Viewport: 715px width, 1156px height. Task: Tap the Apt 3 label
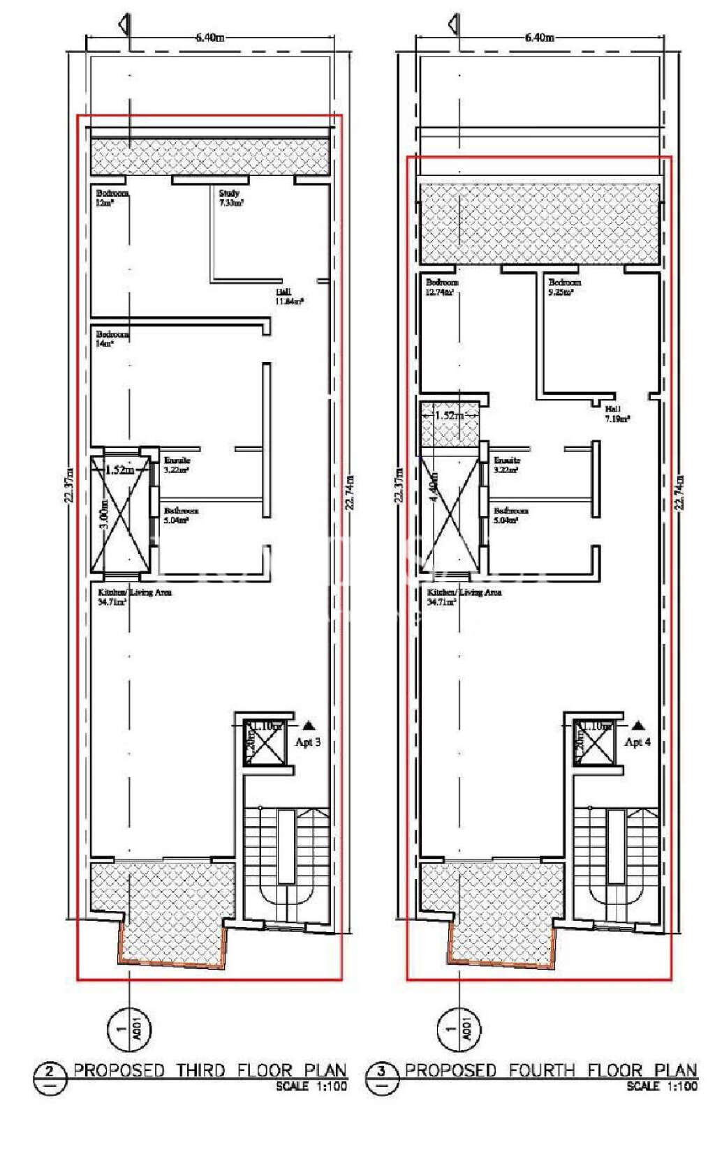point(308,742)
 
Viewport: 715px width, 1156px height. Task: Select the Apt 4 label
point(637,742)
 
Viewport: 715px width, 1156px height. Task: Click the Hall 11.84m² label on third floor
point(289,297)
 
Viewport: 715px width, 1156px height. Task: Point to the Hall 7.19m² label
point(617,414)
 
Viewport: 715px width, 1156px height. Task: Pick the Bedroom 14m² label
point(112,338)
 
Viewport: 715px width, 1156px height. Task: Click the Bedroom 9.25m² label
point(564,287)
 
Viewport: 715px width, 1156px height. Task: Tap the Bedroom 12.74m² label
point(442,287)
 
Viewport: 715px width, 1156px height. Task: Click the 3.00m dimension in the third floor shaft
point(104,514)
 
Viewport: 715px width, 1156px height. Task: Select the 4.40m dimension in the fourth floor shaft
point(434,488)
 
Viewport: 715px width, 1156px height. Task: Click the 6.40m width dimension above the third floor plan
point(209,38)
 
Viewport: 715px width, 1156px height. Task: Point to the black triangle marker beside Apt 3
point(309,726)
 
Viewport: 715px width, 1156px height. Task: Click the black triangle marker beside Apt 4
point(637,726)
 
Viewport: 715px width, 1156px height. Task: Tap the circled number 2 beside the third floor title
point(50,1071)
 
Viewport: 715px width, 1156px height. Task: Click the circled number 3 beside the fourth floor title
point(381,1071)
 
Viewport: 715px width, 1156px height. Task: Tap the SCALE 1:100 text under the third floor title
point(311,1086)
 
